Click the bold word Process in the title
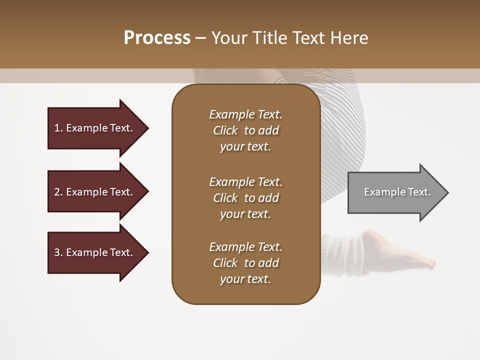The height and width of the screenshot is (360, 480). (x=157, y=38)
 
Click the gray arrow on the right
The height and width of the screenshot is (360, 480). (x=395, y=192)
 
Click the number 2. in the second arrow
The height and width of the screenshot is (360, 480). (x=58, y=192)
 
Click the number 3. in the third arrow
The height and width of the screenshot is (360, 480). (x=58, y=252)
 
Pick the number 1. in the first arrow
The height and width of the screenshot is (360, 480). (x=58, y=128)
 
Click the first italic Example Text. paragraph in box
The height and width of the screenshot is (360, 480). (x=245, y=130)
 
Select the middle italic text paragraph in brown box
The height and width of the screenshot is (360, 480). (x=245, y=198)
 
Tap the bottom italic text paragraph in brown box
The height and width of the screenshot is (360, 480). (x=245, y=263)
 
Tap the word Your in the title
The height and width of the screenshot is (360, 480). (x=228, y=38)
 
